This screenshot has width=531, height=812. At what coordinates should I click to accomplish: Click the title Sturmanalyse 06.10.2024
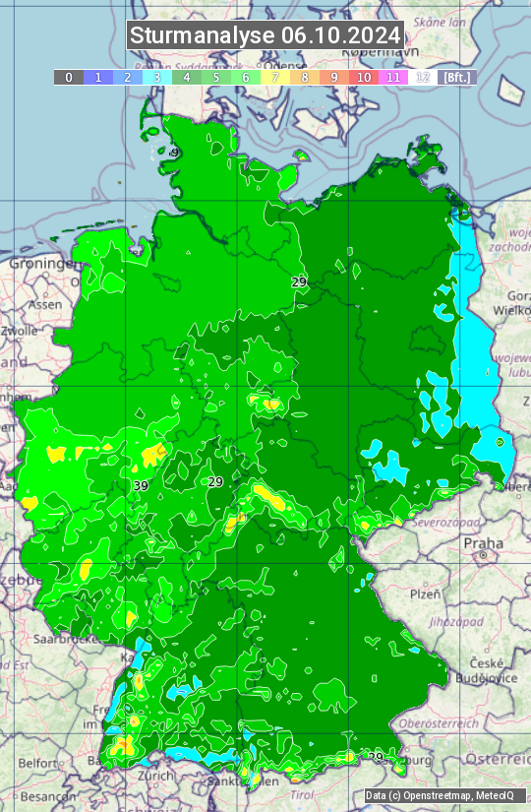pos(265,35)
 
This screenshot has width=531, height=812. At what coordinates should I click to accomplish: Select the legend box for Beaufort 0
pos(69,77)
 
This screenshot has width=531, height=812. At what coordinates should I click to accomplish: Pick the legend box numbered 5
pos(216,77)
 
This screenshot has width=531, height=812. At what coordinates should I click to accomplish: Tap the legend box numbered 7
pos(275,77)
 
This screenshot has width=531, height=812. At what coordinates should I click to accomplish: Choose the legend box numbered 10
pos(364,77)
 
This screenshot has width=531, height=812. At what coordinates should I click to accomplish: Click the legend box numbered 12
pos(423,77)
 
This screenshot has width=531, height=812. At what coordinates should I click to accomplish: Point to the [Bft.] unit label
pos(457,77)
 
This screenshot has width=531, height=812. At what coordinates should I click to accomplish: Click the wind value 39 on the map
pos(141,486)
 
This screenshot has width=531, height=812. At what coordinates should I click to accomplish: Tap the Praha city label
pos(484,543)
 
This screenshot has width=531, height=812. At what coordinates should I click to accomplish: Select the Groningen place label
pos(40,264)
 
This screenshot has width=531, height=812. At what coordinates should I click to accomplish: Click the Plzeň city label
pos(425,594)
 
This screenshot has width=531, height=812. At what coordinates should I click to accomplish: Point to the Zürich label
pos(129,775)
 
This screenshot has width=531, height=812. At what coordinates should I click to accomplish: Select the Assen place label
pos(44,305)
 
